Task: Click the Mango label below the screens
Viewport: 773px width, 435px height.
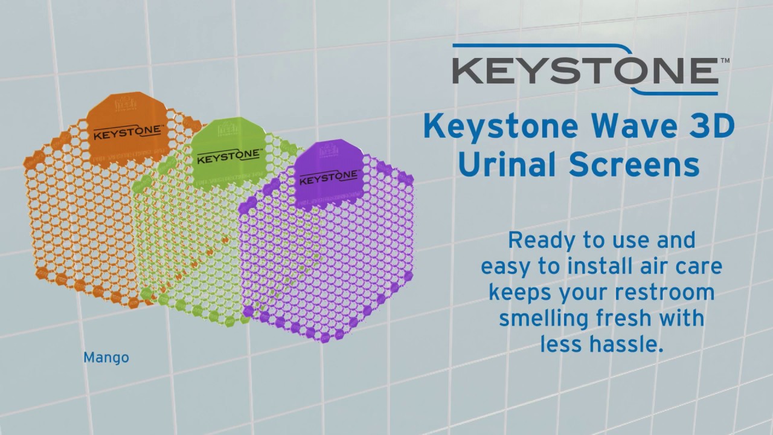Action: tap(106, 358)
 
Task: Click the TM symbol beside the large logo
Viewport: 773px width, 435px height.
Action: tap(725, 61)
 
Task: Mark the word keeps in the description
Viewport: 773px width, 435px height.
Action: tap(520, 293)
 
